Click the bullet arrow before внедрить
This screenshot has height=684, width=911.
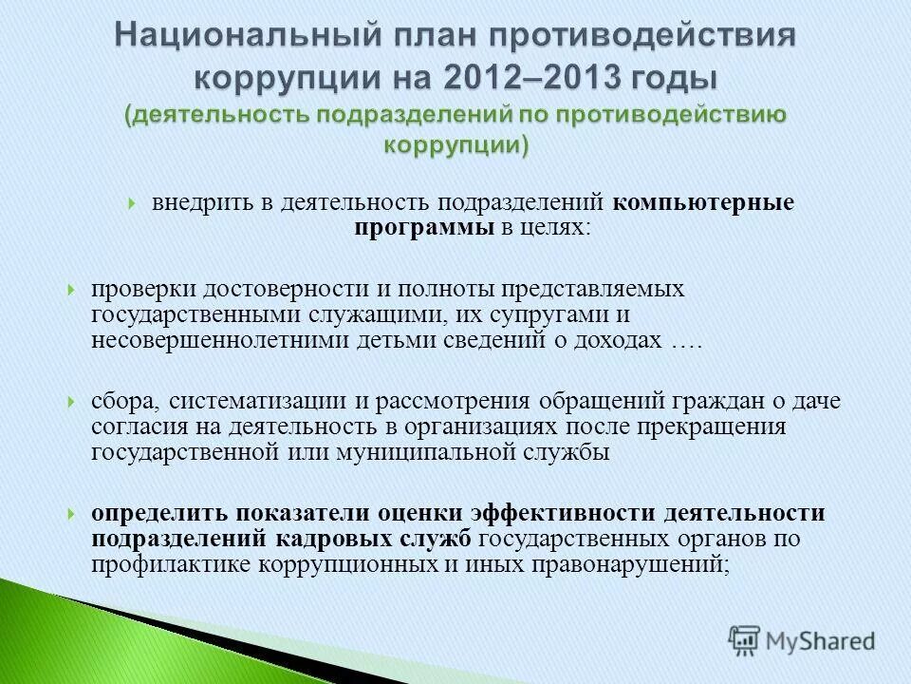133,203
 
